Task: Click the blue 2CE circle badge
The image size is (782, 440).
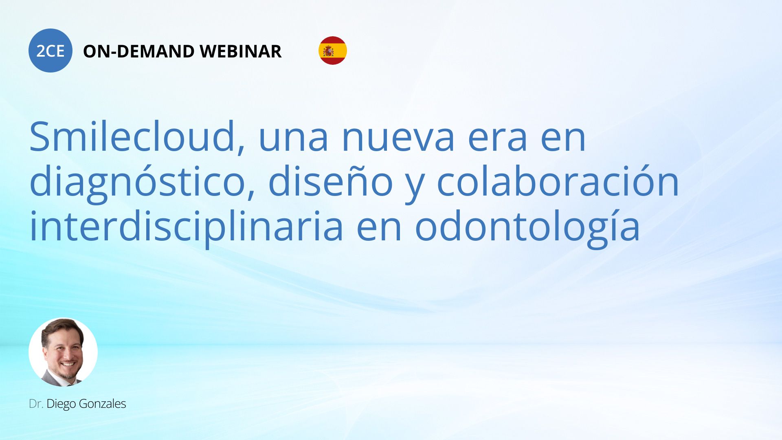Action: [51, 51]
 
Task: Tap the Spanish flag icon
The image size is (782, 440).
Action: [333, 51]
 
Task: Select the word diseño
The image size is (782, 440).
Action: [330, 181]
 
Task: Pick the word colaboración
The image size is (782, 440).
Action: [558, 181]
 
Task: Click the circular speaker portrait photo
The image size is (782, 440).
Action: [63, 352]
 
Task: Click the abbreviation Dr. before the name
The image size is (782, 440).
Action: [36, 404]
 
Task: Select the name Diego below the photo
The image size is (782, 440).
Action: [61, 404]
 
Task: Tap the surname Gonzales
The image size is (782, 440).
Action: [102, 404]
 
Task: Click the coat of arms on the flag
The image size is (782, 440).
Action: [328, 51]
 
